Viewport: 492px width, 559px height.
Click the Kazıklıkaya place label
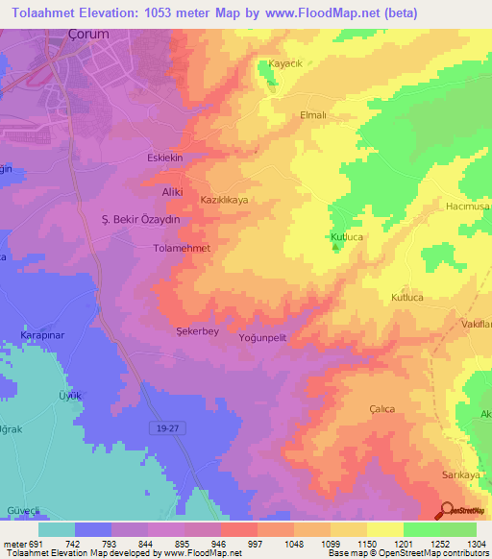point(224,200)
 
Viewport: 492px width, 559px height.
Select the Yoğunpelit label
point(262,337)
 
